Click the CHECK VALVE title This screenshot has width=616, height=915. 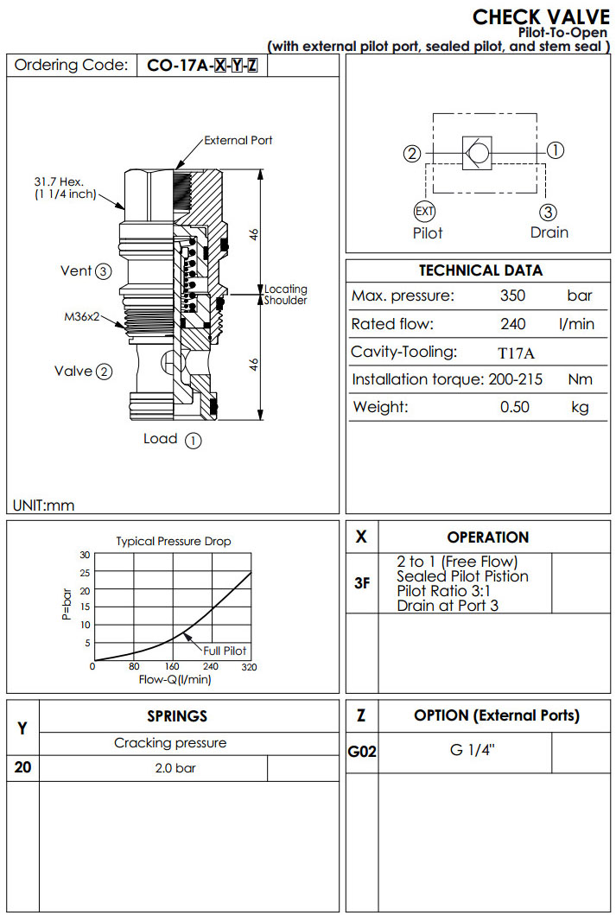tap(541, 17)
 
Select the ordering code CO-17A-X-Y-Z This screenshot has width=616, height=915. tap(202, 66)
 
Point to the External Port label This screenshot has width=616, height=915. tap(238, 140)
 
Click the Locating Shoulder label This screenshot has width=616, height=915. tap(285, 295)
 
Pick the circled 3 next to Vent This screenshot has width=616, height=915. tap(104, 271)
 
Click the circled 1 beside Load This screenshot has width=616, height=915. tap(194, 440)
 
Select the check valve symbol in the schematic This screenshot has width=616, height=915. tap(476, 152)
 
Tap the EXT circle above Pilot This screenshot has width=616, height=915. tap(424, 212)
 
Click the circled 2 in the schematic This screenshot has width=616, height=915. tap(413, 154)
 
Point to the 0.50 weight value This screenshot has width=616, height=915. tap(515, 407)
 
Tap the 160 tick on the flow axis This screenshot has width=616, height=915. tap(172, 667)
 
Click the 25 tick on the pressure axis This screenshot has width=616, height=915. tap(85, 573)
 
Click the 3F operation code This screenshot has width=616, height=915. tap(362, 582)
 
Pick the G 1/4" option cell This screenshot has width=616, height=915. tap(470, 750)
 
